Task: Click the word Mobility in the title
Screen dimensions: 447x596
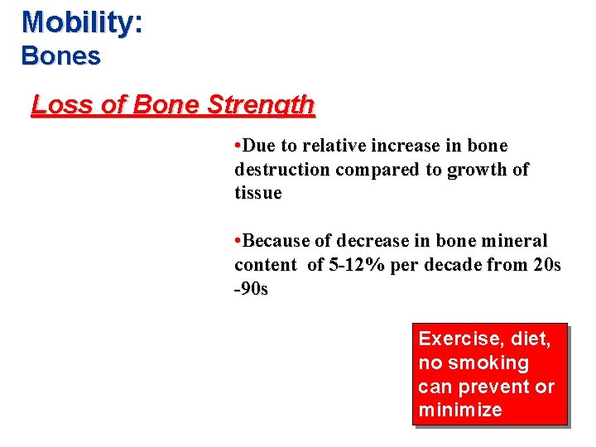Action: coord(78,22)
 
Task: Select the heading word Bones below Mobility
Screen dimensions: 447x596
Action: coord(60,56)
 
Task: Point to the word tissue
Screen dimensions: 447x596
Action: coord(257,194)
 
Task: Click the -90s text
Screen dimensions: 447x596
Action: coord(251,290)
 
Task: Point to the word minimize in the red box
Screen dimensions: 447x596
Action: coord(459,411)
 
